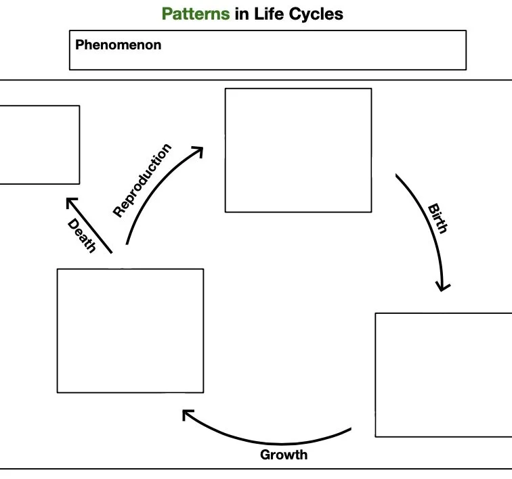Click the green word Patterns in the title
(196, 14)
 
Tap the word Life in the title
(267, 14)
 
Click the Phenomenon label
(118, 45)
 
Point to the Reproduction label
(142, 180)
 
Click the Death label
(82, 235)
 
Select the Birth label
(438, 218)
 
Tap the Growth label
(284, 455)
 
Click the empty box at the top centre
(298, 150)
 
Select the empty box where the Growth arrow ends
(130, 331)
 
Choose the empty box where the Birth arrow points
(444, 375)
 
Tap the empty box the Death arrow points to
(37, 144)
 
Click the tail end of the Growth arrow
(349, 430)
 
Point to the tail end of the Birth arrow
(398, 176)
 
